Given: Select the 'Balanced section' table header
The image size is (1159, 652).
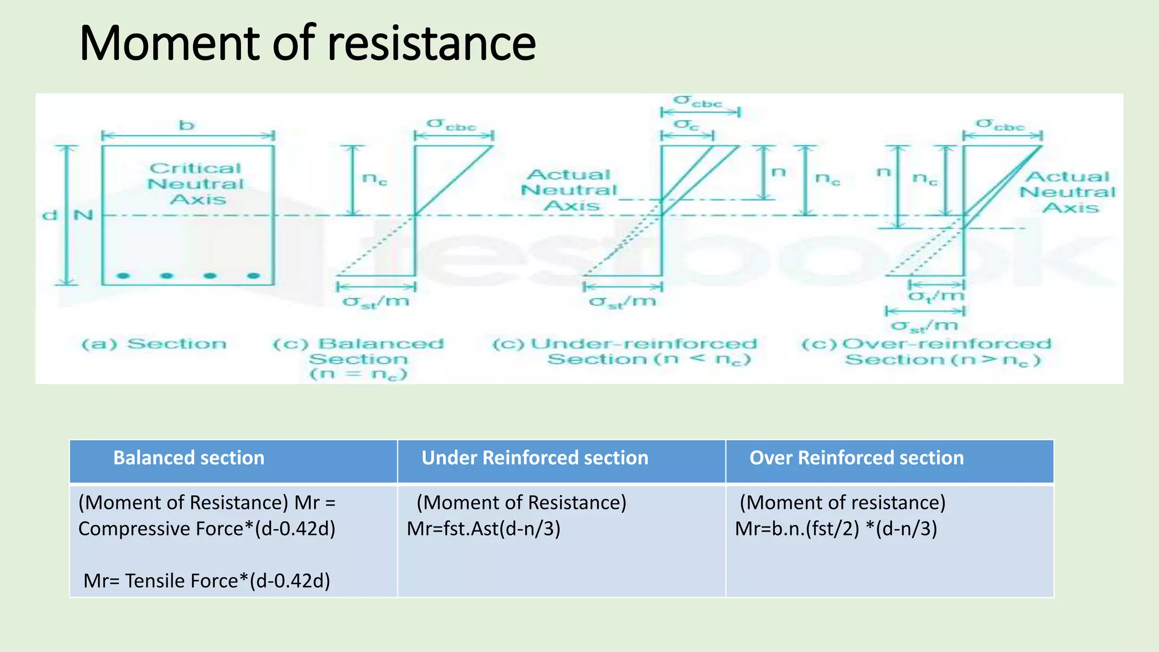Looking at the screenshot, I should [x=188, y=458].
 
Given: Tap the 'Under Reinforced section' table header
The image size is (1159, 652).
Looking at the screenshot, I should [x=534, y=458].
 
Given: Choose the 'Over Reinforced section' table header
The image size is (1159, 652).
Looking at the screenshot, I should [x=856, y=458].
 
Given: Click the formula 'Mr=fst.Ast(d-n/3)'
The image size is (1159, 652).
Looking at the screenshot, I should [x=483, y=529].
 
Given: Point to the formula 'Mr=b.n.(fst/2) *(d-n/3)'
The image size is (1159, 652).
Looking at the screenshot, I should [x=836, y=529].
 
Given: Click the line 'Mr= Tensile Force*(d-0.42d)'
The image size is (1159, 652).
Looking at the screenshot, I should [x=207, y=581].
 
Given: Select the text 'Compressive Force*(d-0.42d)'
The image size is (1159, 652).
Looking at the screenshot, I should [x=207, y=529].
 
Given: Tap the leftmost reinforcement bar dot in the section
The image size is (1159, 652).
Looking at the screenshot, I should [x=123, y=276].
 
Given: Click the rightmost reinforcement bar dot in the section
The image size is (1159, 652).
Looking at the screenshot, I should [x=254, y=276].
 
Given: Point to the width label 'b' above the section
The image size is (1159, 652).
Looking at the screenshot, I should [x=187, y=125].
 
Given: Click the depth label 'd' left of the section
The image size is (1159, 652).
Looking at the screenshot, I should [x=50, y=216].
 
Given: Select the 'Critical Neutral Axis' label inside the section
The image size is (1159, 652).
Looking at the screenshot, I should [x=195, y=184].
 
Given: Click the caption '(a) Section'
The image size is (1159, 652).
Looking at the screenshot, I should [x=154, y=344].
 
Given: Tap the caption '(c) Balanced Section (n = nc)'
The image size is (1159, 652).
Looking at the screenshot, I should [x=358, y=359].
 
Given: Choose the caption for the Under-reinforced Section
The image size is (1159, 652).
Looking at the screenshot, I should [x=624, y=351].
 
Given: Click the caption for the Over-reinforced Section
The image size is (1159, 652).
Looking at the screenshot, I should [x=926, y=351].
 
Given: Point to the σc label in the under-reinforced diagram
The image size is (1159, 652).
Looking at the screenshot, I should [x=686, y=125].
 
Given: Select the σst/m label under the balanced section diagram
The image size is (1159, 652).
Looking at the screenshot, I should [x=376, y=302].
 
